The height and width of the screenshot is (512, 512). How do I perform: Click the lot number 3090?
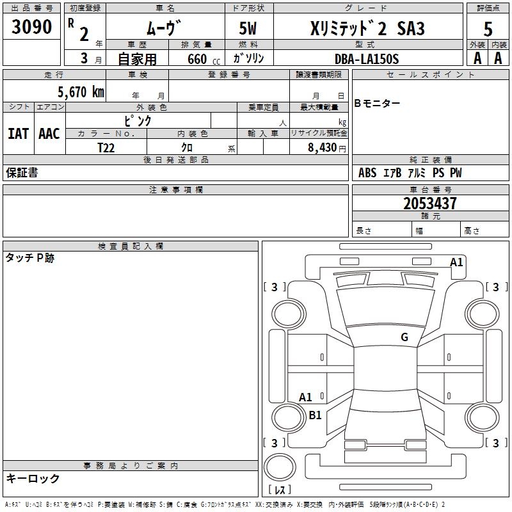[x=31, y=28]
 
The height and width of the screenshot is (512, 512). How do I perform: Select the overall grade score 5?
[x=488, y=29]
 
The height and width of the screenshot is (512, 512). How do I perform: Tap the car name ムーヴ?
[x=164, y=28]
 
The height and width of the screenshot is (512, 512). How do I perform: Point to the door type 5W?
[x=248, y=29]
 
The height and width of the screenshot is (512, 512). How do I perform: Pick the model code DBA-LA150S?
[x=367, y=59]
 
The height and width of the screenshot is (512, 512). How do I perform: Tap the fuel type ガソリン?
[x=249, y=58]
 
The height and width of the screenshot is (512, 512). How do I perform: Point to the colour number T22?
[x=106, y=147]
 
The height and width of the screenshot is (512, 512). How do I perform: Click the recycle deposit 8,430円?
[x=327, y=148]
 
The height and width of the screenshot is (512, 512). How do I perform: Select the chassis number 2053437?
[x=430, y=204]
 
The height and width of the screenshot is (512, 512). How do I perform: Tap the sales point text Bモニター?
[x=378, y=104]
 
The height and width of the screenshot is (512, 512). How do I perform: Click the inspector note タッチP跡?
[x=30, y=258]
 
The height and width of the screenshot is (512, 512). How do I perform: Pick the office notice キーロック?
[x=33, y=478]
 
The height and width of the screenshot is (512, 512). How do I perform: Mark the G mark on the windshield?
[x=404, y=337]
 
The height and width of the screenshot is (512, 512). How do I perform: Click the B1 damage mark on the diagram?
[x=315, y=415]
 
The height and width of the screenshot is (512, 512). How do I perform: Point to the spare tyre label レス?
[x=282, y=490]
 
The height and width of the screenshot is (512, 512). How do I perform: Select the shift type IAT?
[x=18, y=134]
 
